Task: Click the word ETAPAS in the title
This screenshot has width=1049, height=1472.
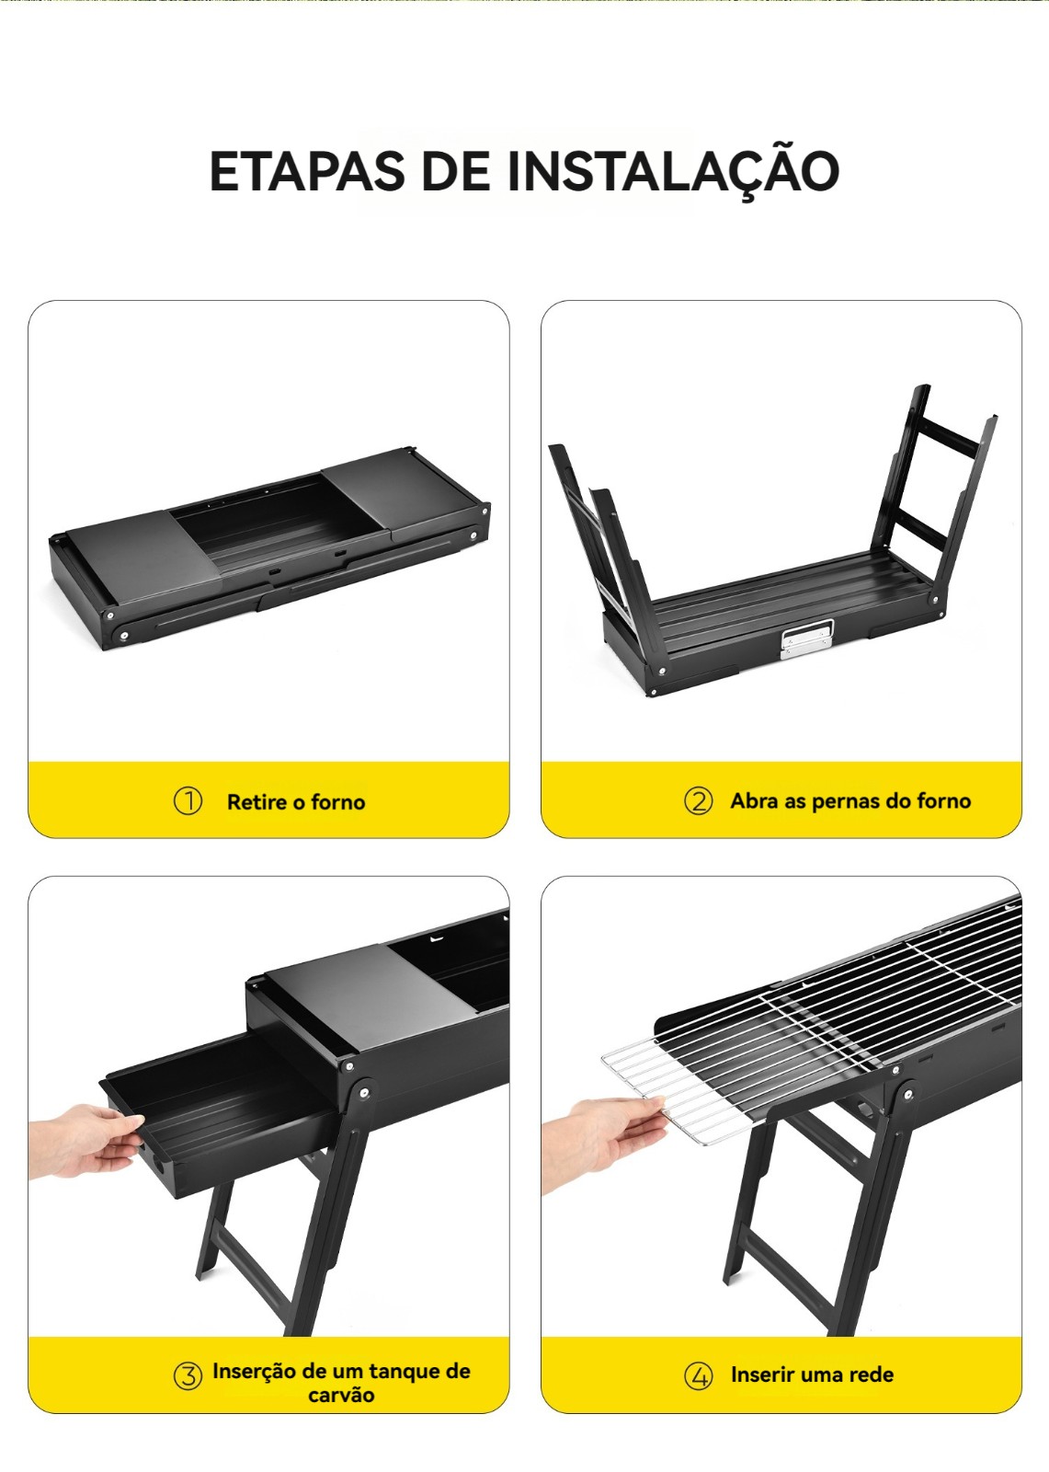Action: pos(307,171)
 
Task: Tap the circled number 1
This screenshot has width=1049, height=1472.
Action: pos(188,801)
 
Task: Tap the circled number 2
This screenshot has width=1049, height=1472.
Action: pos(698,801)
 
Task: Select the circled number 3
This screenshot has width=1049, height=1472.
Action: pos(188,1375)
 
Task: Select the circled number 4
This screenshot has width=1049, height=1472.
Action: pos(698,1375)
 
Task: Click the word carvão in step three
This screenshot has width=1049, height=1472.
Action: pos(341,1395)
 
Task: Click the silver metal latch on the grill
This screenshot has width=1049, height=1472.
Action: pos(806,638)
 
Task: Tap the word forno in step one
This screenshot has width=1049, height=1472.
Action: pos(337,801)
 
